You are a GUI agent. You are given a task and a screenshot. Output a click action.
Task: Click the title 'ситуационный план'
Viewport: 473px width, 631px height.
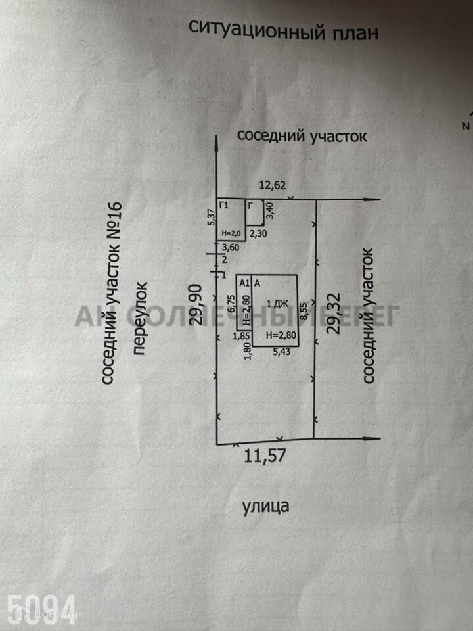[283, 30]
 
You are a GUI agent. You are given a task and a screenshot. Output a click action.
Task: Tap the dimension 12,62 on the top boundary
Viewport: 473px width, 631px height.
[273, 185]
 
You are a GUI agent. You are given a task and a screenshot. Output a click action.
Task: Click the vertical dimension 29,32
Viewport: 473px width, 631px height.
[334, 315]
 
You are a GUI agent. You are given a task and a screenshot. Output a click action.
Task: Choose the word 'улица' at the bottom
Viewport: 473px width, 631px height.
[265, 506]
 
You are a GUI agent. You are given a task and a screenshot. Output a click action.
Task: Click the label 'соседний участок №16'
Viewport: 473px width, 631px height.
[112, 292]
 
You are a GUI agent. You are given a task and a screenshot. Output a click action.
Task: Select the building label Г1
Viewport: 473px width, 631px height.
[223, 206]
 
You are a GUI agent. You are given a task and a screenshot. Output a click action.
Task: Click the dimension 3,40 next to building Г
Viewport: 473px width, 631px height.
[269, 212]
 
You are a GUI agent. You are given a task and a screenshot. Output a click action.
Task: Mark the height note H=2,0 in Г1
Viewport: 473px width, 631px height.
[231, 233]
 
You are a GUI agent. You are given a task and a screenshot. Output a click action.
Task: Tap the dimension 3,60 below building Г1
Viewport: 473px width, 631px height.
[230, 248]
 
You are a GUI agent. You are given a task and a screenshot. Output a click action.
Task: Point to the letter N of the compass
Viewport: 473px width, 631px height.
[466, 126]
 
